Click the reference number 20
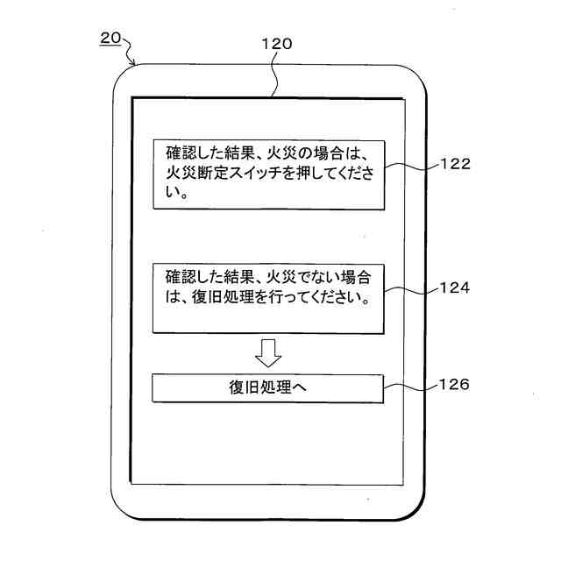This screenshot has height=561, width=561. point(110,38)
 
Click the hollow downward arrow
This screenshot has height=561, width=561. point(268,352)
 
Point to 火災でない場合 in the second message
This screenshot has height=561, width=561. point(326,275)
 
